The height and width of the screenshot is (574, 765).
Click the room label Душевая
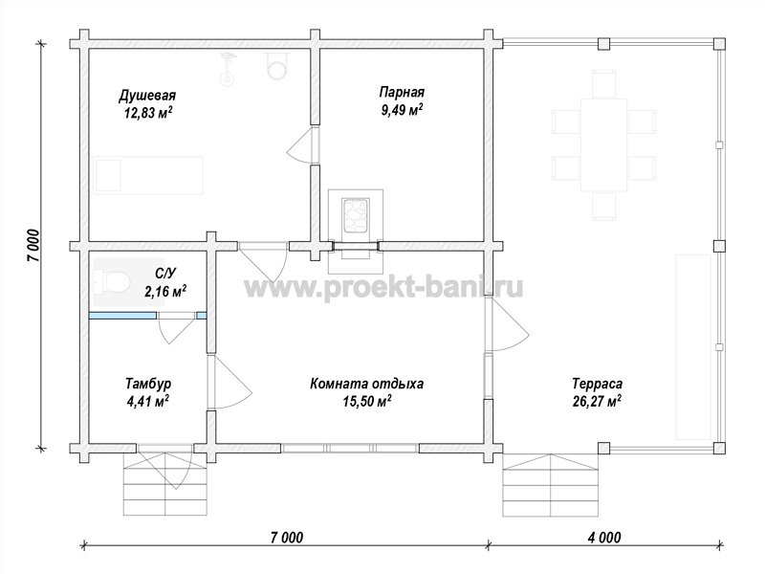pos(147,95)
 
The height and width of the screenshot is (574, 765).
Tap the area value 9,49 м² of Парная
pos(402,110)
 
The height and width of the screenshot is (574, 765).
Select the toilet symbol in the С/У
pos(112,281)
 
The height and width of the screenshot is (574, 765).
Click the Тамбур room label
pos(148,384)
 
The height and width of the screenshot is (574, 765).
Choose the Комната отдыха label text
pos(367,384)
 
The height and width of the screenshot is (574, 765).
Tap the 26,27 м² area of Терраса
pos(597,402)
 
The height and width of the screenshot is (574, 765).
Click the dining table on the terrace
pos(603,145)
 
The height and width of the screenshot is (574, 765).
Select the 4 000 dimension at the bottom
pos(605,538)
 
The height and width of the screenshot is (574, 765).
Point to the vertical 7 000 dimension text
pos(33,245)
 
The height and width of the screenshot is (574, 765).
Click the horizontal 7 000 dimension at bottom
pos(286,538)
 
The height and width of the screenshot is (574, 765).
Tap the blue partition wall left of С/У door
pos(122,316)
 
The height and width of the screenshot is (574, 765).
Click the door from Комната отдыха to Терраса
pos(508,324)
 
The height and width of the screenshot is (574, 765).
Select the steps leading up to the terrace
pos(551,485)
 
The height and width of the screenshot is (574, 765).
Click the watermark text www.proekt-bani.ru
pos(383,288)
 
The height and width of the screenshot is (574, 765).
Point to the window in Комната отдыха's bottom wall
pos(350,448)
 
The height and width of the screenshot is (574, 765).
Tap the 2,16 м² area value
pos(165,292)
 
